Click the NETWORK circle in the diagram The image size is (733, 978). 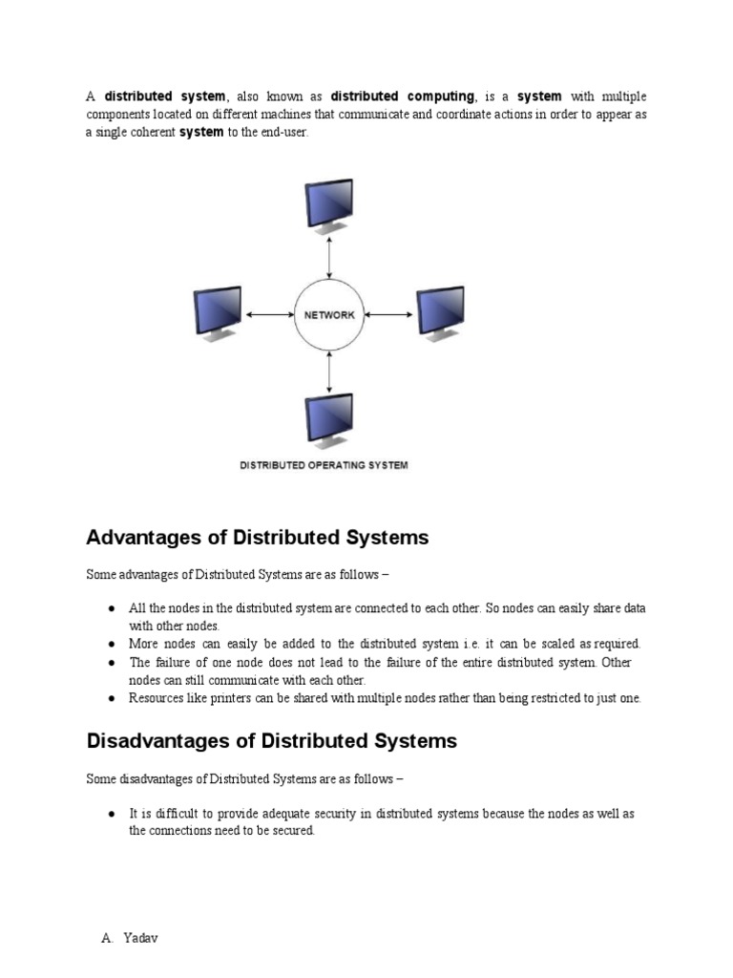(x=329, y=314)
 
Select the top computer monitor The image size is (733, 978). (x=328, y=204)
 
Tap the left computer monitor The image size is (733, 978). (x=217, y=313)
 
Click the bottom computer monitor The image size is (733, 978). (x=328, y=423)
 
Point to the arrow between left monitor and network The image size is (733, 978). (x=270, y=314)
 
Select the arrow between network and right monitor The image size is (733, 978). (x=388, y=314)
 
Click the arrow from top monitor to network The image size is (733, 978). (x=329, y=257)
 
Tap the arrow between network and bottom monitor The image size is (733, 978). (x=329, y=372)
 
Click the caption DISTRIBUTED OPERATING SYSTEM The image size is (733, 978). (x=324, y=465)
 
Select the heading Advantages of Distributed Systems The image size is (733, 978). (x=258, y=538)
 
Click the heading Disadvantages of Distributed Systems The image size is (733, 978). (x=272, y=741)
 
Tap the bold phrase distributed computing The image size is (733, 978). (x=403, y=96)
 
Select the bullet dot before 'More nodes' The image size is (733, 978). (x=113, y=644)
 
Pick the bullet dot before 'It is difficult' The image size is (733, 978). (x=113, y=814)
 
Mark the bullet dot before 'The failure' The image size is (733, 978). (x=113, y=662)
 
